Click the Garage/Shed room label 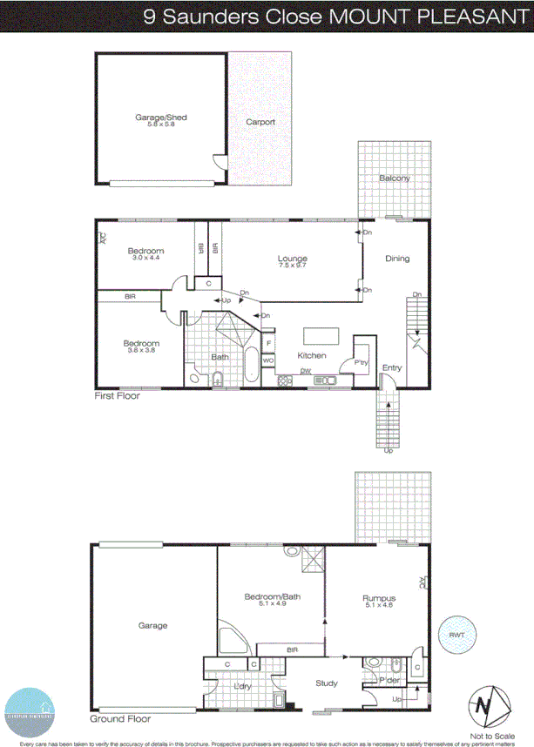161,118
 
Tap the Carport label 260,122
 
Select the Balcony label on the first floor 394,178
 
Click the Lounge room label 292,258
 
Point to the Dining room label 397,259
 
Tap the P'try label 362,361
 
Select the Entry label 392,368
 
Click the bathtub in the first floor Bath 252,365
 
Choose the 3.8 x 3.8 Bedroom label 141,343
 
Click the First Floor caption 118,395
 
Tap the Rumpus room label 379,599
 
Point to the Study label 327,683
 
